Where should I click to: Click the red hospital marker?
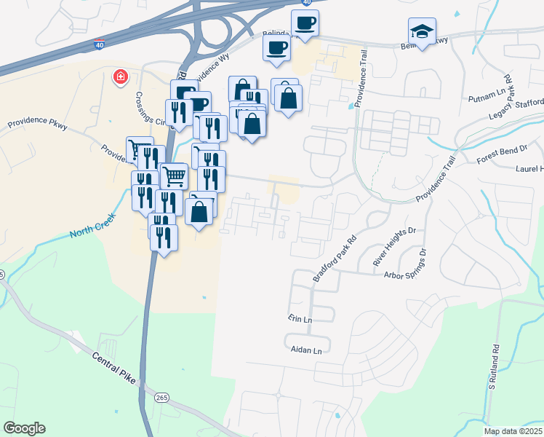[120, 76]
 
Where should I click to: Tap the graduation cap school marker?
[422, 32]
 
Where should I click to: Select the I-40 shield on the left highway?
[98, 45]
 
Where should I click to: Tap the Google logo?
[24, 428]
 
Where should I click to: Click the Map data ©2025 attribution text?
[513, 431]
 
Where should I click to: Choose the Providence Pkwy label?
[38, 125]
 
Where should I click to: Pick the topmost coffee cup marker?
[305, 22]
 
